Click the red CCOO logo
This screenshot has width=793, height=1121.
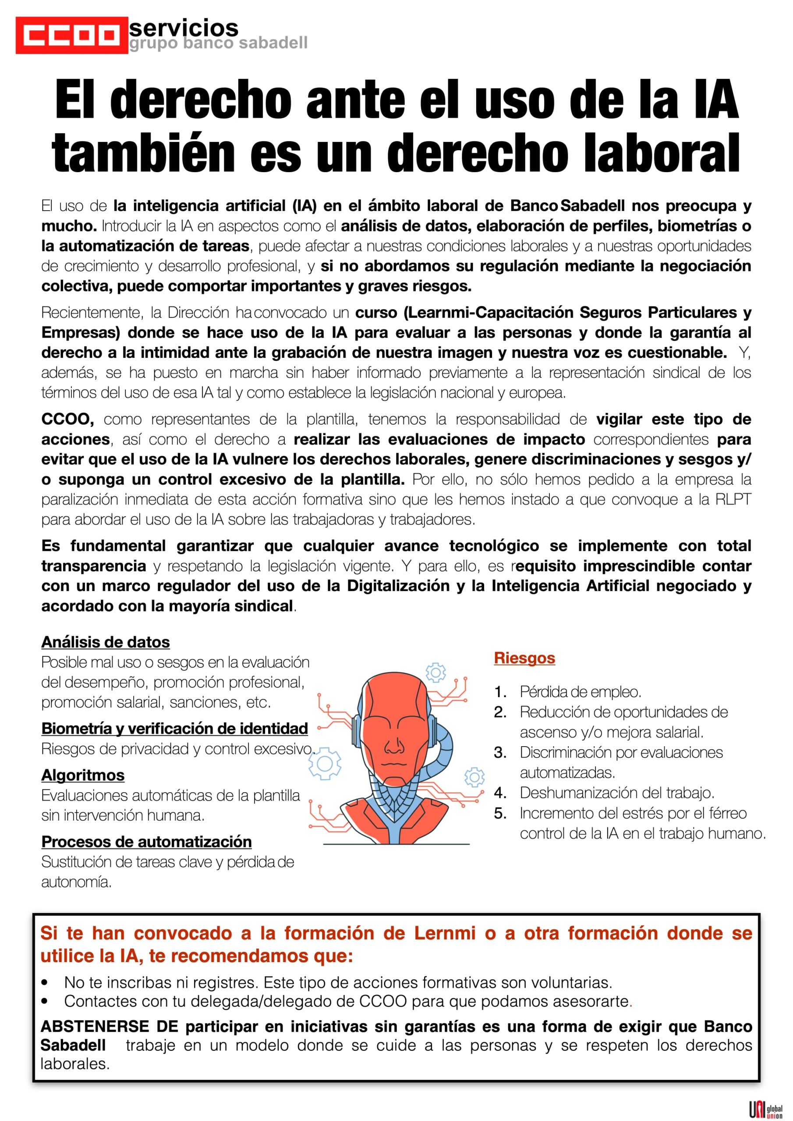(72, 35)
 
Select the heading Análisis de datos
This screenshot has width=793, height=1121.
(106, 642)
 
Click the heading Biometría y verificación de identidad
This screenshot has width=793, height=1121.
(174, 729)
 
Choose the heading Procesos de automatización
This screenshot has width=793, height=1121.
(147, 842)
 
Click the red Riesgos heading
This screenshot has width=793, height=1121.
(524, 658)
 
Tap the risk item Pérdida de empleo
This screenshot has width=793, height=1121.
(580, 692)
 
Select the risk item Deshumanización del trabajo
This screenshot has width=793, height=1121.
(616, 793)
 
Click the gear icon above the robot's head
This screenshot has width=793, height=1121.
(436, 672)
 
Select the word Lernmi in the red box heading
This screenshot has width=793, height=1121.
(445, 933)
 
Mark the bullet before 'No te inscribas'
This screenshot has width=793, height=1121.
(46, 982)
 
